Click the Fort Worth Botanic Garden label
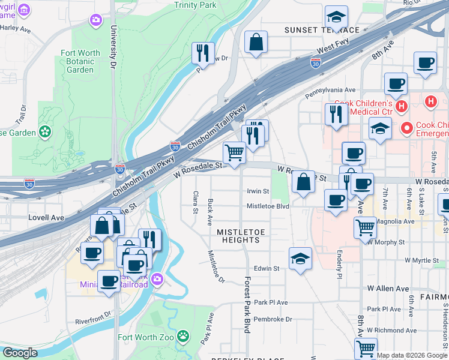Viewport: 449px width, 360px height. click(80, 61)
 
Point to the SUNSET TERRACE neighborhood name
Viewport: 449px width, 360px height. click(322, 30)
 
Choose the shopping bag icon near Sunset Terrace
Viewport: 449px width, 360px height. click(256, 42)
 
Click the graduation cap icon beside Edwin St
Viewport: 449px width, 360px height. click(300, 258)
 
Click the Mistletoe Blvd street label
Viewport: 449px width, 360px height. click(268, 206)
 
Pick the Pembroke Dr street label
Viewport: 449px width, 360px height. click(272, 319)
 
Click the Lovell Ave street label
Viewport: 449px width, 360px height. click(46, 218)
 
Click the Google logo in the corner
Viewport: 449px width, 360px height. click(20, 353)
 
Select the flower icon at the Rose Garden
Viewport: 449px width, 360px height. click(45, 131)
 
